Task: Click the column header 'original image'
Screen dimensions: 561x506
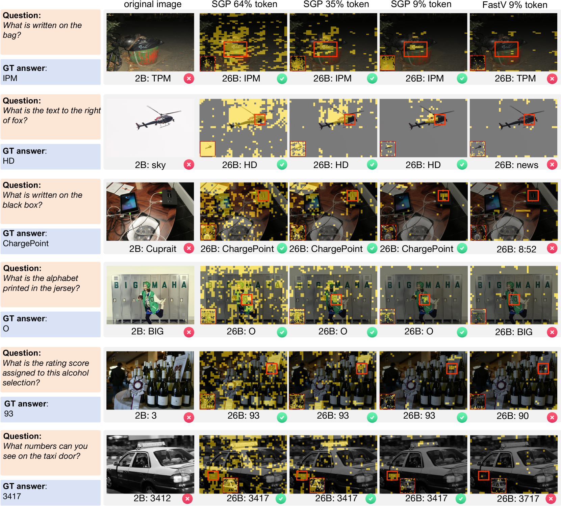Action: coord(153,4)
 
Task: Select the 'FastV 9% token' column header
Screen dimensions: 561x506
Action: coord(515,5)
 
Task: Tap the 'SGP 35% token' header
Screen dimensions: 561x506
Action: coord(336,4)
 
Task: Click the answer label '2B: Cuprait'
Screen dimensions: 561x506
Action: coord(153,249)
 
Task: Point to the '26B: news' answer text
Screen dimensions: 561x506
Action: coord(516,165)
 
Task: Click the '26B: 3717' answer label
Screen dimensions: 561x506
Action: coord(518,499)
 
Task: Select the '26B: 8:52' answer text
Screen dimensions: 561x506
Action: coord(516,249)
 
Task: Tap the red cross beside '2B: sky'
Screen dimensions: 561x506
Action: coord(189,165)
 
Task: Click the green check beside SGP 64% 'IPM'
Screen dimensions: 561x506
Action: coord(282,79)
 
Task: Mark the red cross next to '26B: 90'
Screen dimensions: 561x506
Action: coord(552,417)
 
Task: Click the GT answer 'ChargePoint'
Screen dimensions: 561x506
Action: coord(26,244)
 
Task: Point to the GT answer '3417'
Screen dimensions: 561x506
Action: coord(12,496)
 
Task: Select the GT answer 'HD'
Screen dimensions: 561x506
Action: coord(8,161)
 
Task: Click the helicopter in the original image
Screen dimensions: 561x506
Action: coord(158,118)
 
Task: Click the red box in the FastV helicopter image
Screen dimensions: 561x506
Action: coord(529,119)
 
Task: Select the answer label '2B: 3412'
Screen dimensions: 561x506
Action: coord(152,498)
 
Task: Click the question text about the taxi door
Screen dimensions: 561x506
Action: coord(45,451)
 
